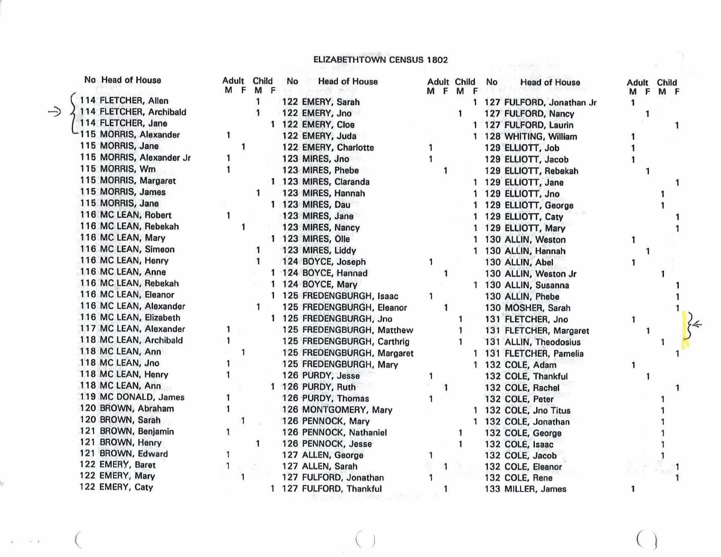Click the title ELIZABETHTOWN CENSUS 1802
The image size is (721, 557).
click(380, 60)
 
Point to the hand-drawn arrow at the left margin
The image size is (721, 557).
click(54, 112)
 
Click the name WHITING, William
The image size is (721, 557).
click(540, 137)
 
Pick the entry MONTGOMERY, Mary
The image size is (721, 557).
click(347, 410)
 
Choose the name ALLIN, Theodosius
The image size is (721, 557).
click(542, 342)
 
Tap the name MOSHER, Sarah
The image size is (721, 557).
click(537, 308)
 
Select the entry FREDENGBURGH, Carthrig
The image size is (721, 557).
click(355, 342)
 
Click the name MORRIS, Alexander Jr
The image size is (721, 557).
click(145, 158)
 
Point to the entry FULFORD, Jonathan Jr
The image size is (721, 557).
click(550, 103)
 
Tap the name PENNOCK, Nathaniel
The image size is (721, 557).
click(344, 433)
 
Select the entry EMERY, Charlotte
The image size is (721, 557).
click(338, 148)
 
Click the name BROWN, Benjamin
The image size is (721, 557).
click(137, 431)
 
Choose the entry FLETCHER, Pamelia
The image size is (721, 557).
click(544, 354)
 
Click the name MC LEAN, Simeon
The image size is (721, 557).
click(137, 249)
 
